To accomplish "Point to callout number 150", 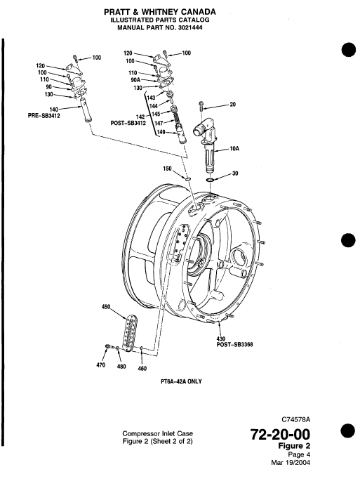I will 168,169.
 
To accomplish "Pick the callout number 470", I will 100,365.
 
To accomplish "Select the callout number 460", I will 142,369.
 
